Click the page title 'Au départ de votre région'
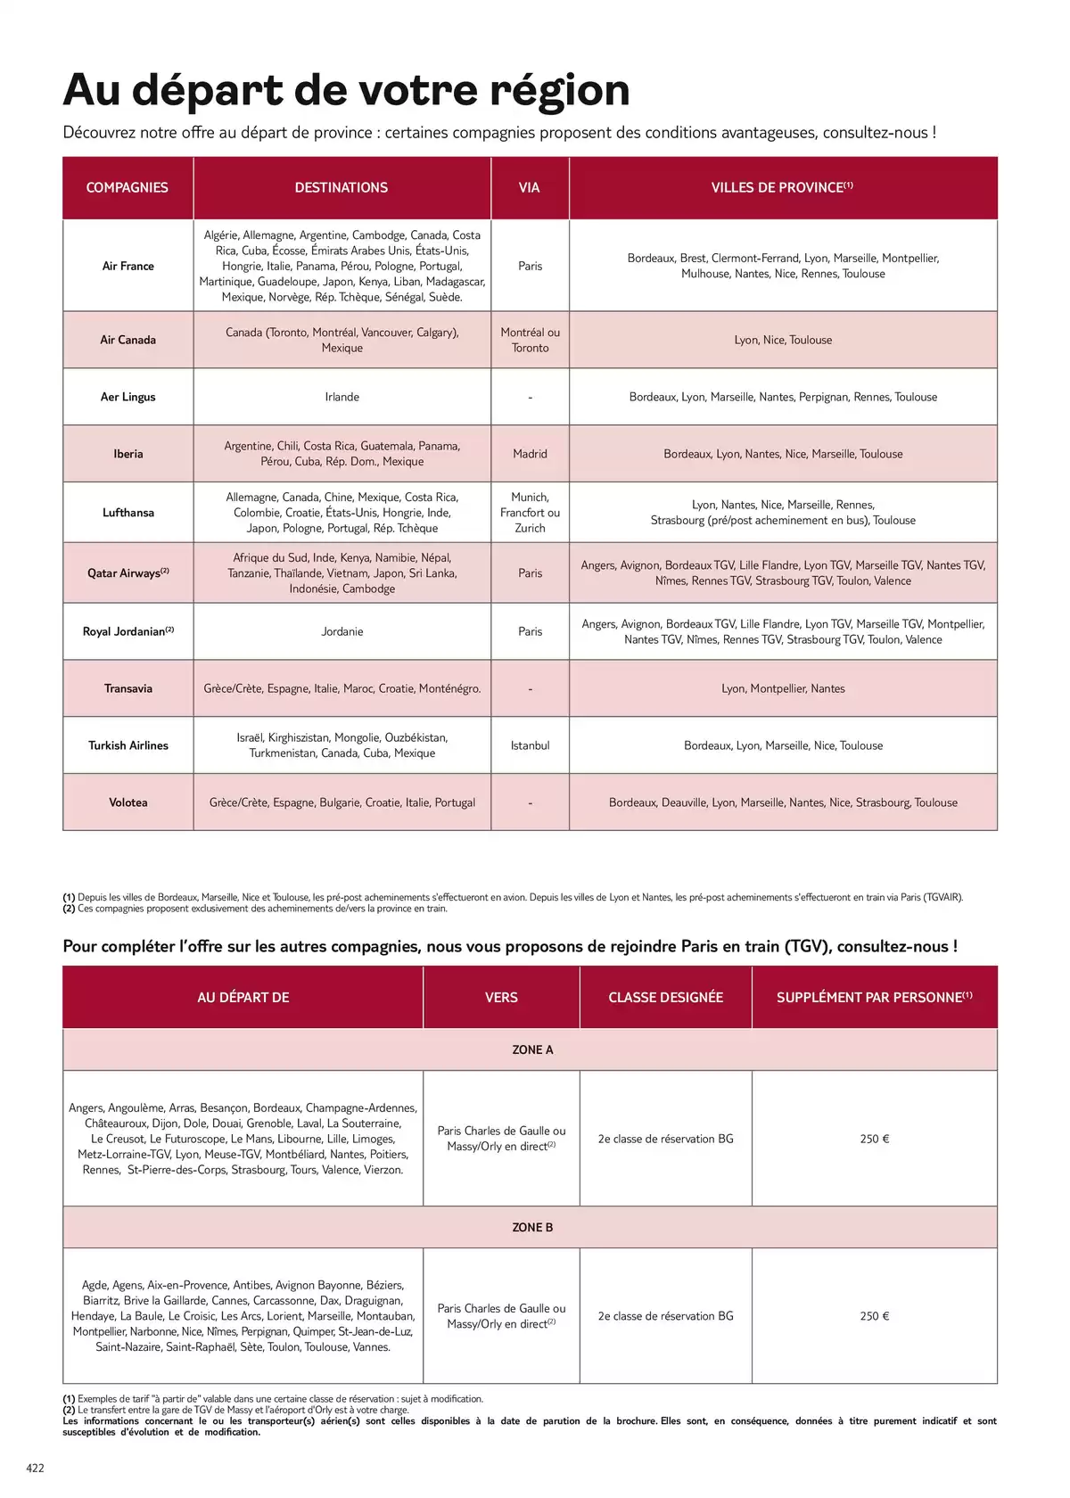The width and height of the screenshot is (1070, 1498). click(x=346, y=90)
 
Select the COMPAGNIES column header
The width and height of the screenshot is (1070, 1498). click(x=128, y=187)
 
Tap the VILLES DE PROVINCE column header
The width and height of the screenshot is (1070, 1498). click(x=781, y=187)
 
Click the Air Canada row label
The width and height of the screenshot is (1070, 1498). click(x=128, y=340)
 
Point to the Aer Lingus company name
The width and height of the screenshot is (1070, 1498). click(x=128, y=397)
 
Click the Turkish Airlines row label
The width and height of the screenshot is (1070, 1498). click(x=128, y=745)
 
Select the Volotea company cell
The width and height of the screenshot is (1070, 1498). click(x=128, y=802)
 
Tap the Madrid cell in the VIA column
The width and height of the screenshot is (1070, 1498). click(x=530, y=454)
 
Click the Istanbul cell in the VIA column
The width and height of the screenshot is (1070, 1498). click(x=530, y=745)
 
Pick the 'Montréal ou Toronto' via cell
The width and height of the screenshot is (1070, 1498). click(x=530, y=340)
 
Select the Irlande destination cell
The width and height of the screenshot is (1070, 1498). click(x=342, y=397)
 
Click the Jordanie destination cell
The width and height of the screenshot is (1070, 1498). click(x=342, y=631)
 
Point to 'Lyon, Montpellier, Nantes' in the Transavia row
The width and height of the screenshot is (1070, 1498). click(x=783, y=688)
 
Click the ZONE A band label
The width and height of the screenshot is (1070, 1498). click(x=532, y=1049)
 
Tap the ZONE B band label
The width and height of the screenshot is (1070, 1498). click(x=532, y=1227)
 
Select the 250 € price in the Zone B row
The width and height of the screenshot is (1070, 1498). click(x=874, y=1316)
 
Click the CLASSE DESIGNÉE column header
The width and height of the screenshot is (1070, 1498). click(x=665, y=997)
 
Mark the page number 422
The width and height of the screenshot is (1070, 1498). click(x=36, y=1468)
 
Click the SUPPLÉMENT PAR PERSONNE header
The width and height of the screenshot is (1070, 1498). click(x=874, y=997)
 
